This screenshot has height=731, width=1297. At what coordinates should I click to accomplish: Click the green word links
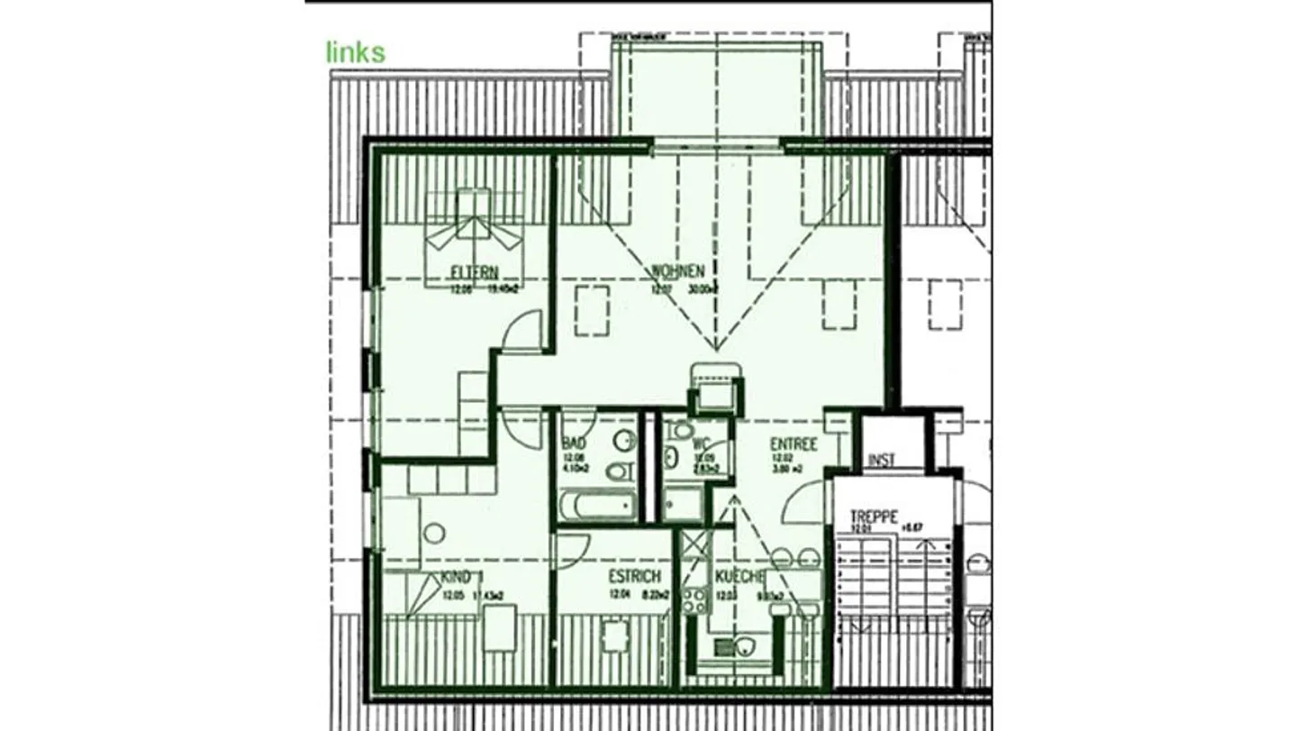click(355, 52)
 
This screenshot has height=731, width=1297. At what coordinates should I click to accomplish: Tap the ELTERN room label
click(475, 271)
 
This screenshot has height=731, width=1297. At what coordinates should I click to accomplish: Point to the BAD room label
click(574, 443)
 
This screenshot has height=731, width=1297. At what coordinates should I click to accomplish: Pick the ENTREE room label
click(793, 444)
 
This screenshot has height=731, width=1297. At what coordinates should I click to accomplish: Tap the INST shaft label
click(881, 461)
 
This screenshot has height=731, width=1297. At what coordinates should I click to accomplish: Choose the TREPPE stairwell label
click(874, 517)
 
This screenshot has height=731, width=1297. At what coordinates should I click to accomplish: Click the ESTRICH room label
click(634, 576)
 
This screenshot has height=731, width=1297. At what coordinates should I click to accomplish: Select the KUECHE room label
click(739, 577)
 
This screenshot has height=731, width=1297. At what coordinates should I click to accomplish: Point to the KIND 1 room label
click(463, 578)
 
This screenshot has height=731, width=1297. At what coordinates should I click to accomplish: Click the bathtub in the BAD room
click(597, 506)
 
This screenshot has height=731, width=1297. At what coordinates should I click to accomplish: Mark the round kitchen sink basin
click(744, 645)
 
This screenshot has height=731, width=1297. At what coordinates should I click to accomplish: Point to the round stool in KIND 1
click(434, 534)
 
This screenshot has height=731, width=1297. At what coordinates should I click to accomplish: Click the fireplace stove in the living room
click(716, 388)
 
